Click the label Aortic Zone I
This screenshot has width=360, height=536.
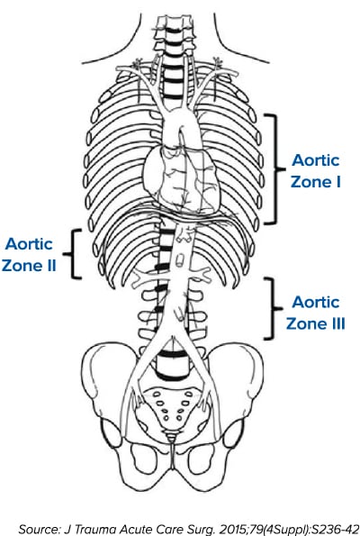(316, 171)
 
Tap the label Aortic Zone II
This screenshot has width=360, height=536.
(29, 255)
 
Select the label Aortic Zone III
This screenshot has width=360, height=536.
(316, 313)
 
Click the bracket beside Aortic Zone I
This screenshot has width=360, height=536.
(275, 168)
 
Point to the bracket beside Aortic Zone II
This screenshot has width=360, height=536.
(73, 254)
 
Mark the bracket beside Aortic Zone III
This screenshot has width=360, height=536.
(274, 309)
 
